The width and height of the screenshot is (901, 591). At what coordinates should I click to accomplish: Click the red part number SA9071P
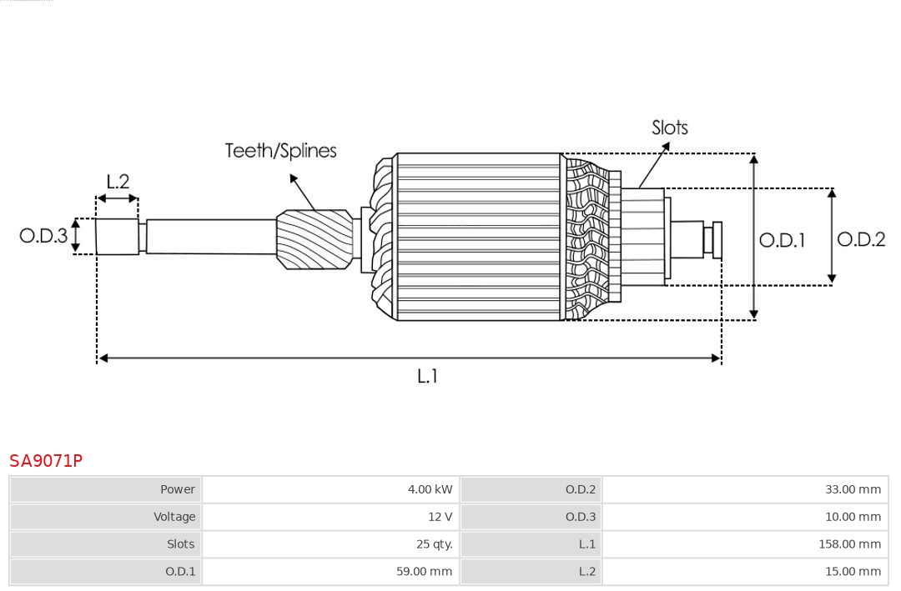click(x=46, y=461)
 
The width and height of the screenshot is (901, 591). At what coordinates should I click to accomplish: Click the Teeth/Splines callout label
click(x=280, y=151)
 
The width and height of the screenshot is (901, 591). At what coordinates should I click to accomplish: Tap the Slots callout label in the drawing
click(x=669, y=128)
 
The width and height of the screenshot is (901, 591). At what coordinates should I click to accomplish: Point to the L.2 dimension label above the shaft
click(x=118, y=182)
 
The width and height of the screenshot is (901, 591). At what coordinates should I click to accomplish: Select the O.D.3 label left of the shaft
click(x=43, y=236)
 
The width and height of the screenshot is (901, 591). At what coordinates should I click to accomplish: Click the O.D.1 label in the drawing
click(x=782, y=241)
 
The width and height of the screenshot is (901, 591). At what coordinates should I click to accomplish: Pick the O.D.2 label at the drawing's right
click(x=860, y=240)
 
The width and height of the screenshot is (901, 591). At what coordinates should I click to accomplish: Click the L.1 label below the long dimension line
click(x=427, y=377)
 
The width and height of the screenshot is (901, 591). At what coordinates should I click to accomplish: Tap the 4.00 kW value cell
click(x=430, y=489)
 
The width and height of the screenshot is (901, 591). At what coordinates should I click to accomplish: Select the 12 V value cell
click(x=440, y=517)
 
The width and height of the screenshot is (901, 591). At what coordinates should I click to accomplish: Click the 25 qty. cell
click(x=435, y=544)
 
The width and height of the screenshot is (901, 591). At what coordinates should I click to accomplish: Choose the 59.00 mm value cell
click(x=424, y=572)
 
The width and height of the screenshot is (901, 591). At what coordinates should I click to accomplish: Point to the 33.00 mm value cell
click(x=853, y=489)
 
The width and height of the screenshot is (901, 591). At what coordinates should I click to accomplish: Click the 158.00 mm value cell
click(x=849, y=544)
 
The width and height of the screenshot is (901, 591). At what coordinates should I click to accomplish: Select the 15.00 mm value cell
click(x=853, y=572)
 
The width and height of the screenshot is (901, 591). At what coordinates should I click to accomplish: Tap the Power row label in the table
click(x=178, y=489)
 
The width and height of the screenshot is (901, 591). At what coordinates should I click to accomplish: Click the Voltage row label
click(x=174, y=517)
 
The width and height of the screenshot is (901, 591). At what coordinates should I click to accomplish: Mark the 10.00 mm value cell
click(x=853, y=517)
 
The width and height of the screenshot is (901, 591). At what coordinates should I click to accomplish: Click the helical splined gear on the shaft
click(x=315, y=239)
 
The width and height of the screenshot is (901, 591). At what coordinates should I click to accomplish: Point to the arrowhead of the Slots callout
click(x=667, y=144)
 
